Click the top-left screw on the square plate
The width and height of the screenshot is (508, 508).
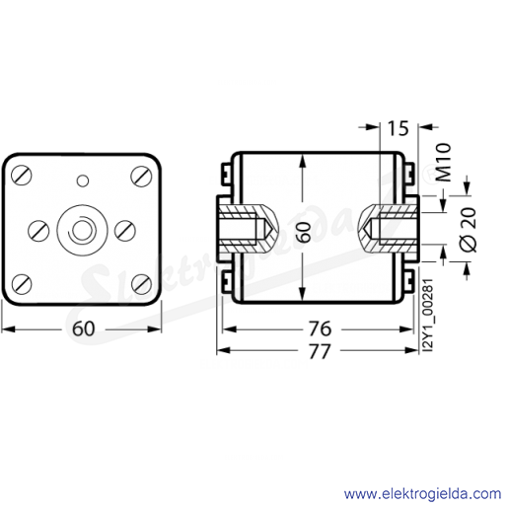pyautogui.click(x=22, y=176)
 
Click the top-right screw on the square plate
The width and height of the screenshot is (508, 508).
pyautogui.click(x=141, y=176)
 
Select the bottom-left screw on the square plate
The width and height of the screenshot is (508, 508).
pyautogui.click(x=22, y=284)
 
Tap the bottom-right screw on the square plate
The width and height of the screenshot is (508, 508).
pyautogui.click(x=142, y=284)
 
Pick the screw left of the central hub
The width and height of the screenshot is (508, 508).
pyautogui.click(x=38, y=231)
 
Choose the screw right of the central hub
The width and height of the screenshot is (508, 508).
pyautogui.click(x=125, y=231)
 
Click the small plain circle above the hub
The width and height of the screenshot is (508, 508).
pyautogui.click(x=83, y=181)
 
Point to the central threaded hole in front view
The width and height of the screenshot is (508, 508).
pyautogui.click(x=82, y=231)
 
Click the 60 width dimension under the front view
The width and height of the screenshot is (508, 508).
pyautogui.click(x=84, y=328)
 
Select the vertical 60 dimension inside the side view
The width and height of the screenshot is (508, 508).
pyautogui.click(x=305, y=232)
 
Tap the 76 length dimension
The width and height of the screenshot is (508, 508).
pyautogui.click(x=320, y=328)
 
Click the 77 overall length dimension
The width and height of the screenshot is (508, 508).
pyautogui.click(x=320, y=351)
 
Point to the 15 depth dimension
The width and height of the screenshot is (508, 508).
pyautogui.click(x=399, y=128)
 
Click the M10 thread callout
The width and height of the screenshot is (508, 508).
pyautogui.click(x=444, y=163)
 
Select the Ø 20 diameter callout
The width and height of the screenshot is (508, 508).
pyautogui.click(x=470, y=229)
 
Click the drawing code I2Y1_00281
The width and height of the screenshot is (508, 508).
pyautogui.click(x=429, y=316)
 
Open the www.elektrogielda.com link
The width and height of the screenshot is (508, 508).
pyautogui.click(x=422, y=494)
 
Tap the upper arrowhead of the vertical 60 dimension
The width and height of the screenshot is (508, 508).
pyautogui.click(x=303, y=161)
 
